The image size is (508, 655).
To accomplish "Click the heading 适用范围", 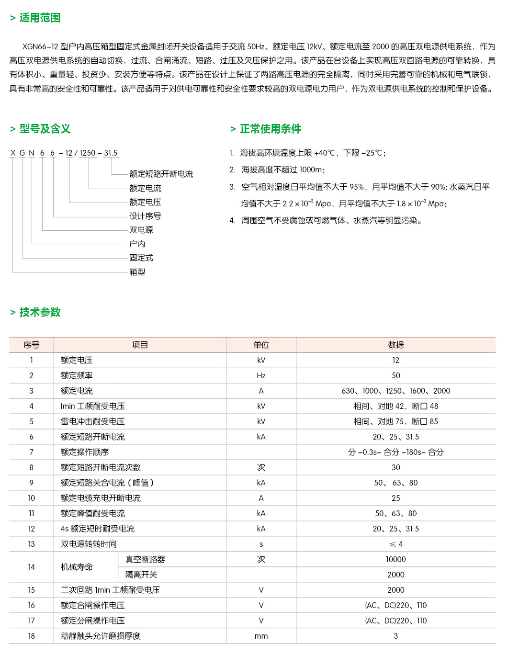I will coord(40,18).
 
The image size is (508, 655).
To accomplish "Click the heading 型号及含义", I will coord(45,129).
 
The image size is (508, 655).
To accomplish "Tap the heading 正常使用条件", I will coord(270,129).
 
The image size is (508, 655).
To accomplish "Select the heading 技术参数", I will coord(40,312).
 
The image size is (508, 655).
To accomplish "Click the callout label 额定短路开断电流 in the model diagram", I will coord(161,174).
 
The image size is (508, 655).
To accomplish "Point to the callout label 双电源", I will coord(141,230).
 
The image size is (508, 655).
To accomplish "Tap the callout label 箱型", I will coord(137,272).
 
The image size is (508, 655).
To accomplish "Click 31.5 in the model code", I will coord(111,153).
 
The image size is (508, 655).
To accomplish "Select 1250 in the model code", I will coord(88,153).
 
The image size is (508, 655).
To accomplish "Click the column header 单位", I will coord(261,345).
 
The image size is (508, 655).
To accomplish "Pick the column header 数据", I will coord(395,345).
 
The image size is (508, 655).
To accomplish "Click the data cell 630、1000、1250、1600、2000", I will coord(395,391).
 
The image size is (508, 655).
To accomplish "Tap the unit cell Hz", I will coord(261,375).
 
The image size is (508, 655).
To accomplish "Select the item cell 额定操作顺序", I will coord(85,452).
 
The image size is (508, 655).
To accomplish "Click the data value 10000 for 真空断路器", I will coord(395,559).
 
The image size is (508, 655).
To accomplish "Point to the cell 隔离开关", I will coord(141,575).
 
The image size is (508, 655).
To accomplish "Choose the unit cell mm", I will coord(261,636).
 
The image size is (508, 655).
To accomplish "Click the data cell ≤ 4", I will coord(395,544).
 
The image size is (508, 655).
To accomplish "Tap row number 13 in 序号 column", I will coord(32,544).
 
